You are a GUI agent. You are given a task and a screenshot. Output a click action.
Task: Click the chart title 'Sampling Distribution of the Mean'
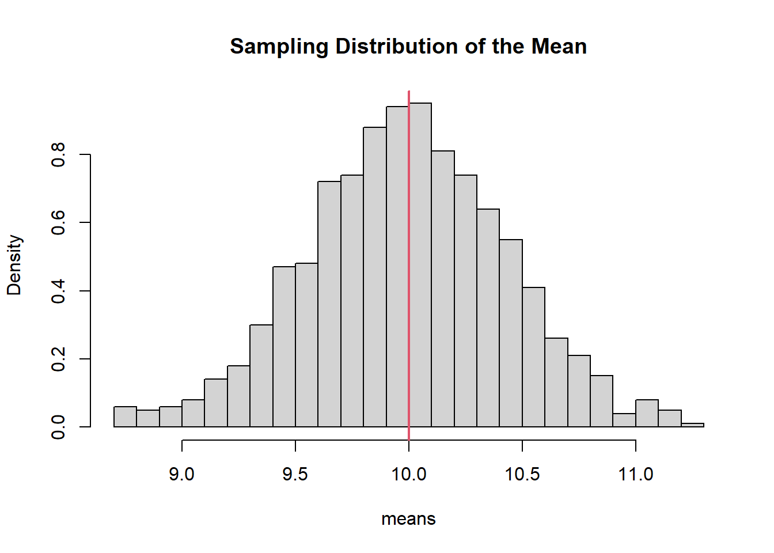[x=408, y=46]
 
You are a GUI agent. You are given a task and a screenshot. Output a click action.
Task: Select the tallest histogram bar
[x=420, y=265]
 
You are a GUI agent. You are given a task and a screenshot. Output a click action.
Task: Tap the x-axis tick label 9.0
[x=181, y=475]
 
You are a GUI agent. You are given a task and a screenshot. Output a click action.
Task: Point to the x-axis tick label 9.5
[x=295, y=475]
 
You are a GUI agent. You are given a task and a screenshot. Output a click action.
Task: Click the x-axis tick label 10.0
[x=409, y=475]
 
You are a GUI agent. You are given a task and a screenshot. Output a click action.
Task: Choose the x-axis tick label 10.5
[x=522, y=475]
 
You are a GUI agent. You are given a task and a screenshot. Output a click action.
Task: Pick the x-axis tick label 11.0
[x=636, y=475]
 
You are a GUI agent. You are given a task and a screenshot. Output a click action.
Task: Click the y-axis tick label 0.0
[x=58, y=427]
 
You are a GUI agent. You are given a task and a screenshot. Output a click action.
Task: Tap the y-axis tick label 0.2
[x=58, y=359]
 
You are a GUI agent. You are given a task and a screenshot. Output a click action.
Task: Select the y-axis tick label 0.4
[x=58, y=291]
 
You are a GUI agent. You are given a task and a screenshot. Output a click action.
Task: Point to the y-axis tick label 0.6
[x=58, y=222]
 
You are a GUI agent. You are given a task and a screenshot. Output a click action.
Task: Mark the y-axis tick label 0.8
[x=58, y=154]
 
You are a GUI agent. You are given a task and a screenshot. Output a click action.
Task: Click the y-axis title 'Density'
[x=14, y=265]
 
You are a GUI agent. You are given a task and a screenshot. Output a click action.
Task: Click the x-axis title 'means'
[x=408, y=519]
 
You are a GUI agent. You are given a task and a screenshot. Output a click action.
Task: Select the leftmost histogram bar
[x=125, y=417]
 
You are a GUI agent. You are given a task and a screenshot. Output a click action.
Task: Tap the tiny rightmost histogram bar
[x=692, y=425]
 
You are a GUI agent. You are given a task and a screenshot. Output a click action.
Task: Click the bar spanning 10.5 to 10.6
[x=534, y=357]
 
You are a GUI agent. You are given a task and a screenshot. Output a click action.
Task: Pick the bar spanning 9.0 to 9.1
[x=193, y=414]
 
